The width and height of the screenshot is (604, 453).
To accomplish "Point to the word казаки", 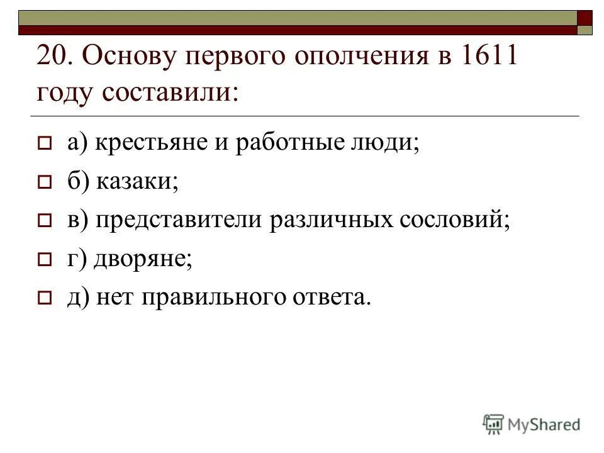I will point(138,181).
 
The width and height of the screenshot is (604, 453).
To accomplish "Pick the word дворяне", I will point(142,258).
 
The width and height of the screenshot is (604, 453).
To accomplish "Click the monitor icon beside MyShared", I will point(493,424).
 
